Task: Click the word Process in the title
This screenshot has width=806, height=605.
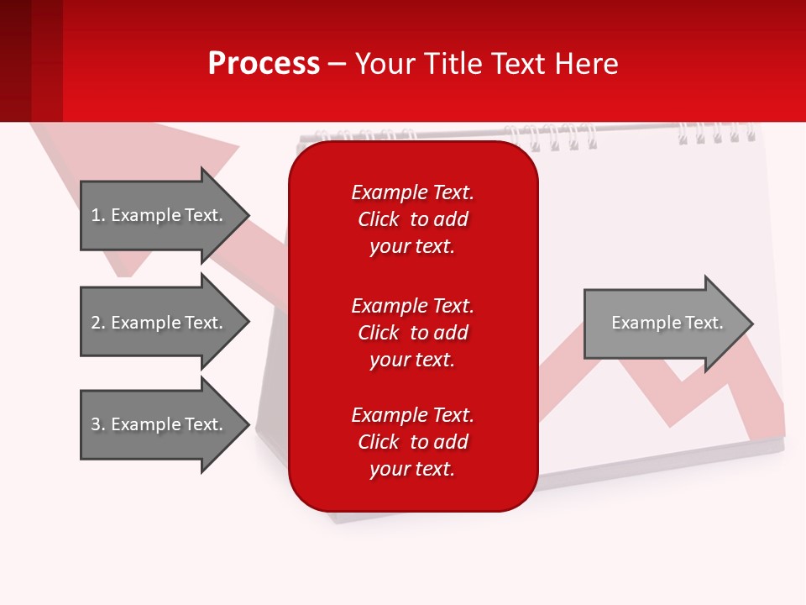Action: (264, 63)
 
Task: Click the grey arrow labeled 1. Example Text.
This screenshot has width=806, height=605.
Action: (165, 215)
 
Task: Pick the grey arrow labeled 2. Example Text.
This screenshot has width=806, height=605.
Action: (165, 322)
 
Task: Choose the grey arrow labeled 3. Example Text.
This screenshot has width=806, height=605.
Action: (165, 424)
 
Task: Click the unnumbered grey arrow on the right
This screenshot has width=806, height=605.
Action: (669, 324)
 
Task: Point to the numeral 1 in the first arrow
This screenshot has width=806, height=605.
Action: (96, 215)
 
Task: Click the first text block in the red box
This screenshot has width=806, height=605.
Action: (413, 219)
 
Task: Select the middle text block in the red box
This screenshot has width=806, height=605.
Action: (413, 333)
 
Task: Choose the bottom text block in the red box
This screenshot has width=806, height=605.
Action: (413, 442)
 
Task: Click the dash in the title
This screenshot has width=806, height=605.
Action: (337, 66)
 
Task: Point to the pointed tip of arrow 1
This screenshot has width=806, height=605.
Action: (249, 215)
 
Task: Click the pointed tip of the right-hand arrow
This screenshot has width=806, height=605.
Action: (753, 324)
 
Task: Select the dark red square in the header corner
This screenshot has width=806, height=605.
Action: (15, 60)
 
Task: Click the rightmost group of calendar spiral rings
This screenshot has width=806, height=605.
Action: (717, 133)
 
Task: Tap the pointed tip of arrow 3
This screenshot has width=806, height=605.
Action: (249, 424)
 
